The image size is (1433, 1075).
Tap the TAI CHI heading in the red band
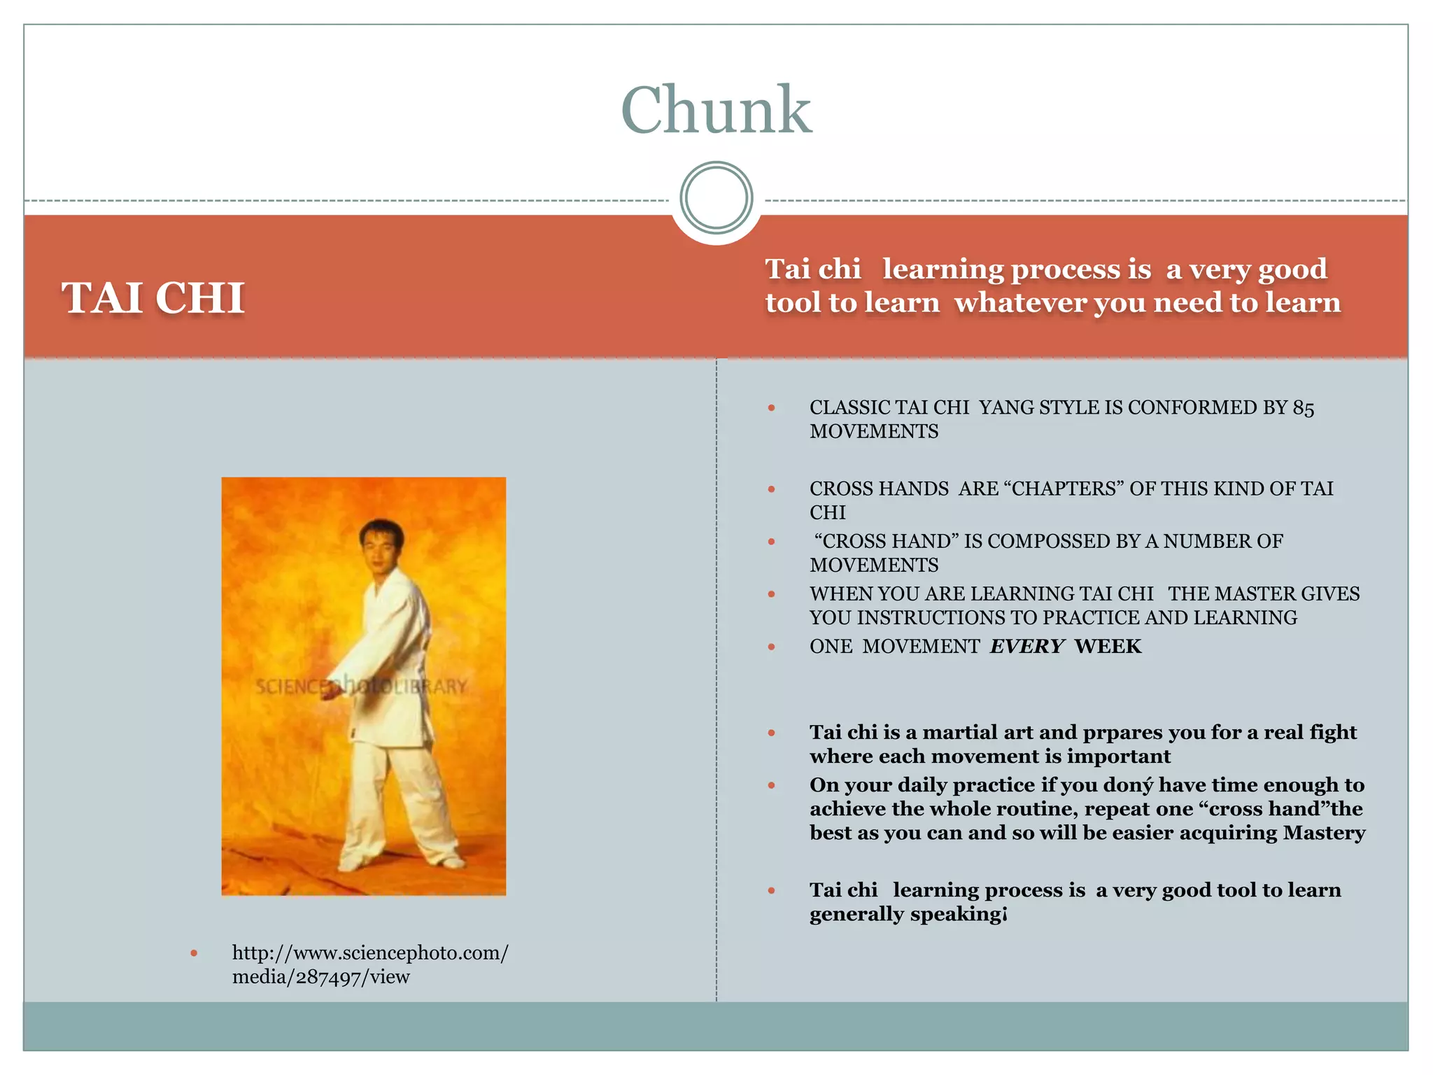[153, 298]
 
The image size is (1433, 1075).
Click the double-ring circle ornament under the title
[716, 198]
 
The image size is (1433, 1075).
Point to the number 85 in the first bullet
[1303, 408]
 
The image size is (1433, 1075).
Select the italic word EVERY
[1026, 647]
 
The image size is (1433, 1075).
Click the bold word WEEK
[1108, 647]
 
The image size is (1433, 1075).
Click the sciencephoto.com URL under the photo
[369, 964]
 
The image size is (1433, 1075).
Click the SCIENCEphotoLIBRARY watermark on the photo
[360, 686]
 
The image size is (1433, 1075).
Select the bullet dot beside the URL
[194, 953]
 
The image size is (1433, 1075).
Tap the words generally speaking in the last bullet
[907, 914]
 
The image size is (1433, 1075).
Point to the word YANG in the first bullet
[1005, 408]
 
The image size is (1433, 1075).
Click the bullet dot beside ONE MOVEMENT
[771, 647]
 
